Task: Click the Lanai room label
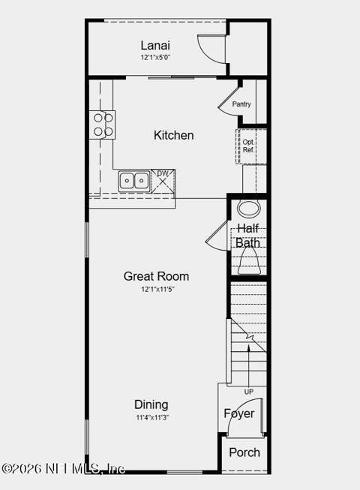click(155, 45)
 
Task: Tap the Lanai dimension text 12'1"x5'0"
click(155, 58)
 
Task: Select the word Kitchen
click(173, 135)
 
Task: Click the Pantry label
click(241, 104)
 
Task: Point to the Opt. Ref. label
click(248, 146)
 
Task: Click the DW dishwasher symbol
click(163, 180)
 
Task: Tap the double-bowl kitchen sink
click(134, 181)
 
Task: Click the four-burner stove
click(103, 125)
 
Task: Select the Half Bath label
click(248, 236)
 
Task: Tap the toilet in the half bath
click(249, 263)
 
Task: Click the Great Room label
click(156, 276)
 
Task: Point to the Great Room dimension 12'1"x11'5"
click(157, 289)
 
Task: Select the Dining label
click(151, 404)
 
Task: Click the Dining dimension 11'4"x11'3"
click(152, 417)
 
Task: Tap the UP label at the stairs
click(248, 392)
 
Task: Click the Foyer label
click(239, 413)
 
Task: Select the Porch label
click(244, 452)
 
